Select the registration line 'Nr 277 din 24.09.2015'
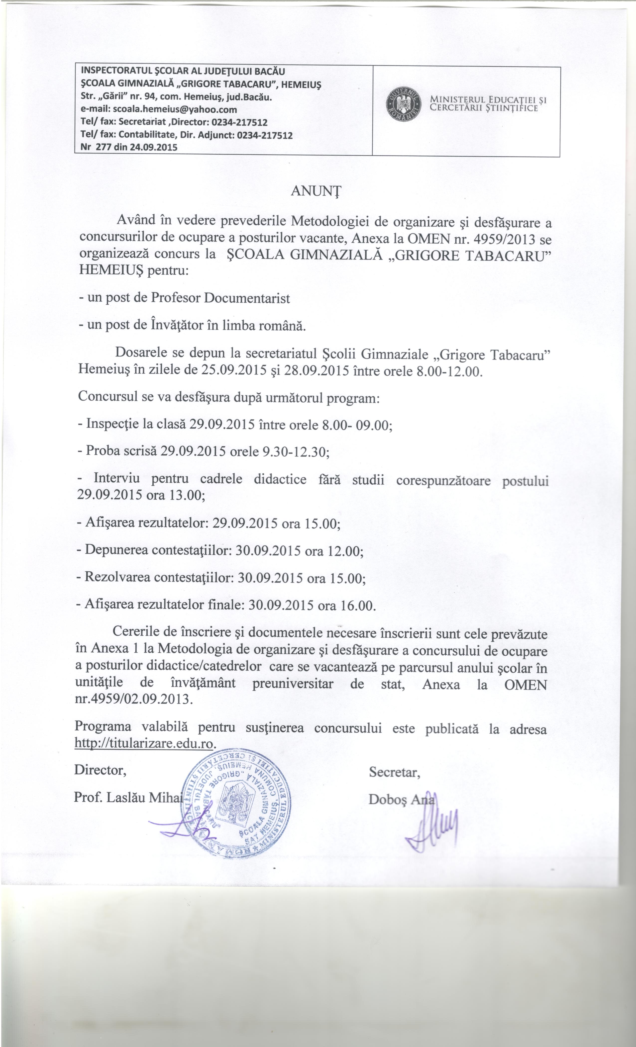[x=126, y=147]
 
